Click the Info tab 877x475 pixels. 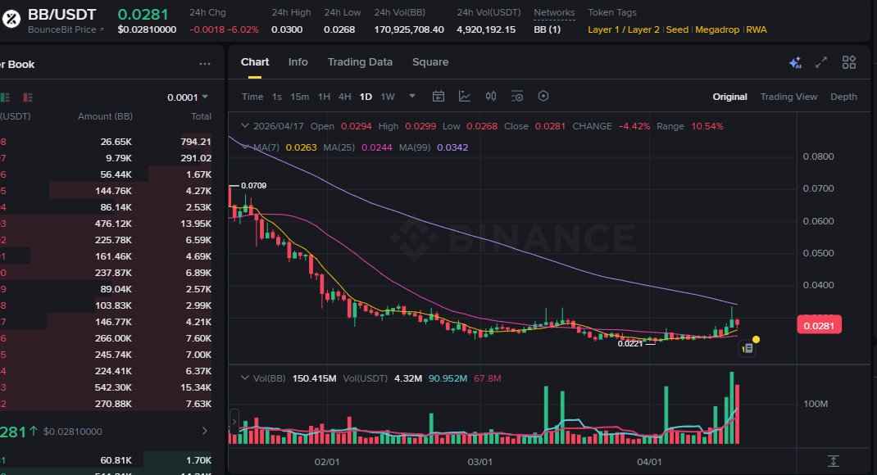(x=298, y=62)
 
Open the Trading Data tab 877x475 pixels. (x=360, y=62)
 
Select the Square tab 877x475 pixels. (x=430, y=62)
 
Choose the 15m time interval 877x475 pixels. (x=300, y=97)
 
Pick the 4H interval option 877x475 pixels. (x=345, y=97)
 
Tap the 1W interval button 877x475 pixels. (x=388, y=97)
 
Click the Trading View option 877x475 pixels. (x=788, y=97)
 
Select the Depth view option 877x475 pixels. (x=843, y=97)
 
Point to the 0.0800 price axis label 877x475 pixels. (x=818, y=156)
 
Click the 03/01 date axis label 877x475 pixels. (x=479, y=462)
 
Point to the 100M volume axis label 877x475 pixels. (x=816, y=405)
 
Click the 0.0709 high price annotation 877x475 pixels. (x=254, y=186)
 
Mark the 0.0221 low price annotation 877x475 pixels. (x=629, y=344)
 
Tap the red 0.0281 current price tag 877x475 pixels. (x=819, y=326)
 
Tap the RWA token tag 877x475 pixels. (x=757, y=29)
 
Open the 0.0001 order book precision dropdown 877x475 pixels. (x=188, y=97)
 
